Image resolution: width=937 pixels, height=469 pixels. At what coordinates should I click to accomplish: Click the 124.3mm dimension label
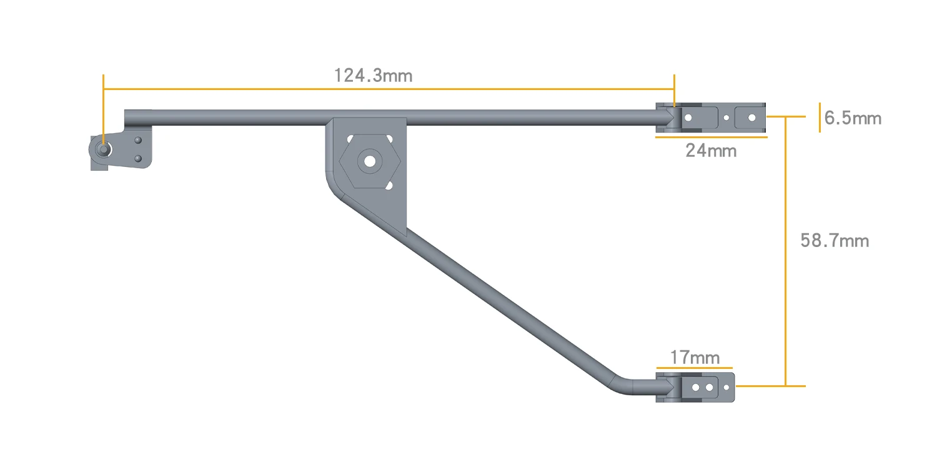coord(373,76)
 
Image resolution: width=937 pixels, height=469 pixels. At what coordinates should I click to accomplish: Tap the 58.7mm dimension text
coord(835,241)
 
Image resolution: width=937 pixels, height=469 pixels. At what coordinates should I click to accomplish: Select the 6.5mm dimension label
coord(853,118)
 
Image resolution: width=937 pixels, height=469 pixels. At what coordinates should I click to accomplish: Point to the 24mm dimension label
coord(711,151)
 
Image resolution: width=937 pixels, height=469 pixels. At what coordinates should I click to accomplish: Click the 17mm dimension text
coord(695,358)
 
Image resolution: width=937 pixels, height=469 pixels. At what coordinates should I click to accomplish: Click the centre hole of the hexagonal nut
coord(369,161)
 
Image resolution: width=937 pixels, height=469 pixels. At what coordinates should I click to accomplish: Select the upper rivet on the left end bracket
coord(139,141)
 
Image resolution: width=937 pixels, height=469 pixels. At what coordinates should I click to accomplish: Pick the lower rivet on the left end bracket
coord(139,159)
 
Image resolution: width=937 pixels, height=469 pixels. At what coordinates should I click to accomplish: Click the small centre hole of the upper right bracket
coord(726,117)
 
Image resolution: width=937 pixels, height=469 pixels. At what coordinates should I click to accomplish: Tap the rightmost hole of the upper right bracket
coord(751,117)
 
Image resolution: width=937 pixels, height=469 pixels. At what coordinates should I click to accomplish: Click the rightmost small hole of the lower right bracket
coord(726,388)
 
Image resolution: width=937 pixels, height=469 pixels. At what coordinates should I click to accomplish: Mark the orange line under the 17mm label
coord(694,368)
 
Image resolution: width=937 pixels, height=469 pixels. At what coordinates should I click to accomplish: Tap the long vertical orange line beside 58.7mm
coord(786,250)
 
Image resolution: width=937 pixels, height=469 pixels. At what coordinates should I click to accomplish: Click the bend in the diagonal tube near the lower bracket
coord(625,385)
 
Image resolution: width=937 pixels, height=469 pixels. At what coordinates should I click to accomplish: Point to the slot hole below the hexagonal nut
coord(389,185)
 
